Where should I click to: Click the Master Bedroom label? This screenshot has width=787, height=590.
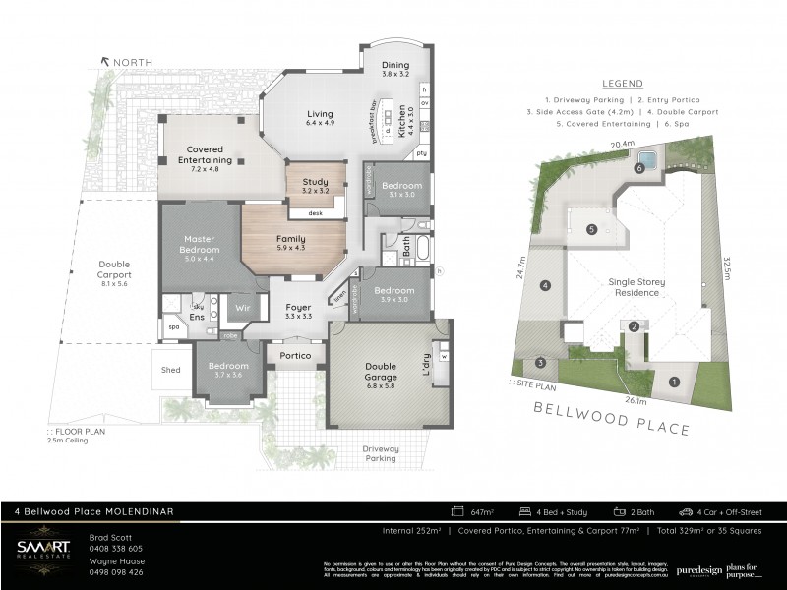pyautogui.click(x=200, y=250)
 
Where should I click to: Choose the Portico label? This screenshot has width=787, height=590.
pyautogui.click(x=295, y=356)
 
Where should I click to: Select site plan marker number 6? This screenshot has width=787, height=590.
pyautogui.click(x=639, y=168)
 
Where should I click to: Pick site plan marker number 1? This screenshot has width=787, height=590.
pyautogui.click(x=674, y=382)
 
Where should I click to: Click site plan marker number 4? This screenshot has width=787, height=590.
pyautogui.click(x=545, y=286)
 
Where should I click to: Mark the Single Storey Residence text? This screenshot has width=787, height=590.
pyautogui.click(x=637, y=287)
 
